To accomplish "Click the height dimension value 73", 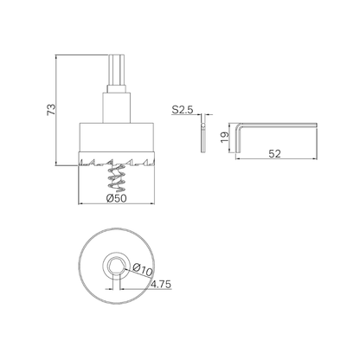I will tap(50, 110).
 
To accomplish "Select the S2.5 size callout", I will tap(181, 111).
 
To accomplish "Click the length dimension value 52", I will tap(276, 153).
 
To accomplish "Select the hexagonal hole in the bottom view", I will tap(115, 264).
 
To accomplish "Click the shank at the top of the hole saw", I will tap(115, 73).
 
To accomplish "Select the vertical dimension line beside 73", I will tap(58, 110).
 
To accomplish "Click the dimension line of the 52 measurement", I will tap(277, 160).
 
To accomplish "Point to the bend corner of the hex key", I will tap(243, 124).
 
